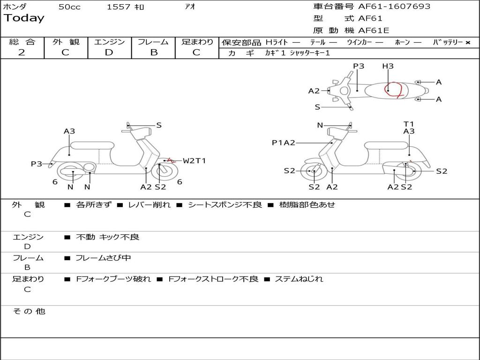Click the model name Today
pos(24,18)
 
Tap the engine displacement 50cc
pos(69,7)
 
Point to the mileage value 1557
pos(119,7)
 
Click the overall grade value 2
pos(22,52)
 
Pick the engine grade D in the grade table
pos(109,52)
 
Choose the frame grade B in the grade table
pos(154,52)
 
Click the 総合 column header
pos(22,42)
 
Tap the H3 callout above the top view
pos(388,66)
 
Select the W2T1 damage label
pos(194,161)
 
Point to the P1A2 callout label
pos(284,142)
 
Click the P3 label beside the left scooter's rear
pos(37,164)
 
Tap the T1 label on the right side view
pos(409,124)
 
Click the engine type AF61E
pos(374,30)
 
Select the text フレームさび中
pos(103,258)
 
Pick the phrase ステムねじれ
pos(299,279)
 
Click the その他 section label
pos(29,311)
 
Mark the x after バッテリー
pos(467,43)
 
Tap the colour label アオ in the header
pos(190,7)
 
